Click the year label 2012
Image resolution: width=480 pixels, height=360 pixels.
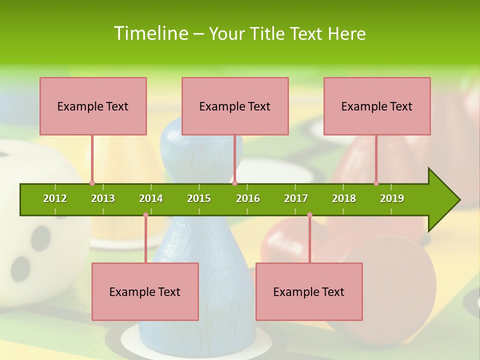click(x=55, y=198)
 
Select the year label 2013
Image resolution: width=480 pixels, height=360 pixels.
click(x=103, y=198)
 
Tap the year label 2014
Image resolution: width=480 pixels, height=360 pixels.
click(x=151, y=198)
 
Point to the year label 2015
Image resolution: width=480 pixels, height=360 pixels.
click(x=199, y=198)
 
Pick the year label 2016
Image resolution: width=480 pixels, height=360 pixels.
click(x=248, y=198)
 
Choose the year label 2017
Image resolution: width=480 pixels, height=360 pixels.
click(x=296, y=198)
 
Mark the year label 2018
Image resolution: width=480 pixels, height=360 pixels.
click(x=344, y=198)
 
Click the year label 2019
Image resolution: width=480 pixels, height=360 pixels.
click(x=392, y=198)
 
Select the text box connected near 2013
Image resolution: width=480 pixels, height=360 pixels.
click(x=93, y=106)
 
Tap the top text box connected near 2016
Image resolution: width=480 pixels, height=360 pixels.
click(x=235, y=106)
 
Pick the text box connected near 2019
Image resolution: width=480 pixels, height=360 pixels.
click(x=377, y=106)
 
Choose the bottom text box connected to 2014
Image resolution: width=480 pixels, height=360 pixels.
click(x=145, y=291)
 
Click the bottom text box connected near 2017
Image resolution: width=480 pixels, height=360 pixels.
click(x=309, y=291)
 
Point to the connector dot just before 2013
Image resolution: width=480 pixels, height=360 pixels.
click(x=92, y=183)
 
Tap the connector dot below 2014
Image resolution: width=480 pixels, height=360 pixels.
click(x=145, y=215)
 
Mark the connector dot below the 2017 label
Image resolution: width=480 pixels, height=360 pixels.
click(x=309, y=215)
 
